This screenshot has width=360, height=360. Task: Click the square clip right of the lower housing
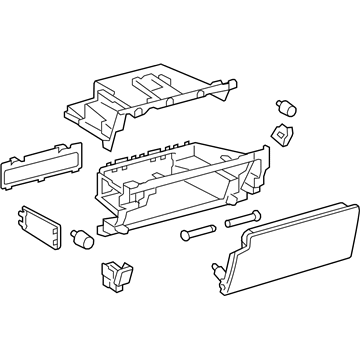pyautogui.click(x=283, y=135)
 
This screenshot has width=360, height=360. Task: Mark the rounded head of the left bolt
pyautogui.click(x=185, y=235)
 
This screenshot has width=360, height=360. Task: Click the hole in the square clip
pyautogui.click(x=284, y=134)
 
